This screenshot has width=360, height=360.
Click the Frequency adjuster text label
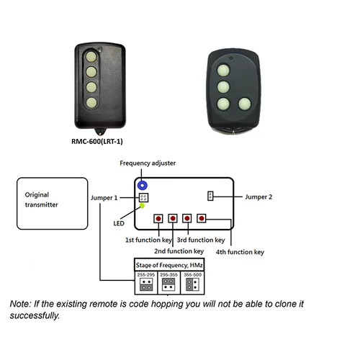click(x=148, y=163)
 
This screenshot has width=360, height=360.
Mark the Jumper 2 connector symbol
click(x=211, y=195)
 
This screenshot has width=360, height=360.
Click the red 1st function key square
click(x=157, y=217)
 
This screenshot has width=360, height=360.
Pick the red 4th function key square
click(x=202, y=217)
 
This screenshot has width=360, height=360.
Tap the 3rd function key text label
click(x=202, y=240)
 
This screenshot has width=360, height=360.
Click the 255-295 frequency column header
click(x=146, y=274)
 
